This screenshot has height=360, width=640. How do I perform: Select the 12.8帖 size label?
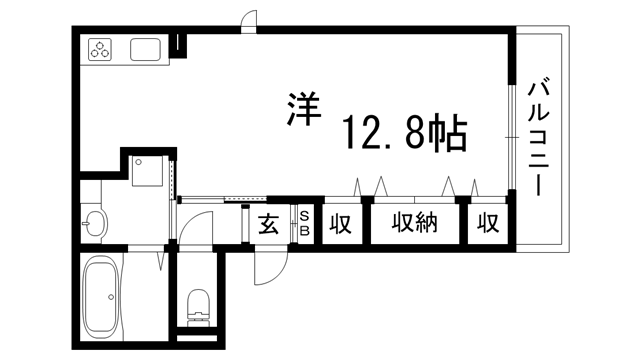pos(404,131)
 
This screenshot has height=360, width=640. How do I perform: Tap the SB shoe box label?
pos(305,224)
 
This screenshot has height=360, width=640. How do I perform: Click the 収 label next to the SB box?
pos(341,224)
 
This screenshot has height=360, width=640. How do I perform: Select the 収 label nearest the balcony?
pos(487,224)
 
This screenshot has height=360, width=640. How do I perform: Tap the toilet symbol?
pos(198,303)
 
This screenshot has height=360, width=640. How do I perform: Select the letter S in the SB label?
pos(305,217)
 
